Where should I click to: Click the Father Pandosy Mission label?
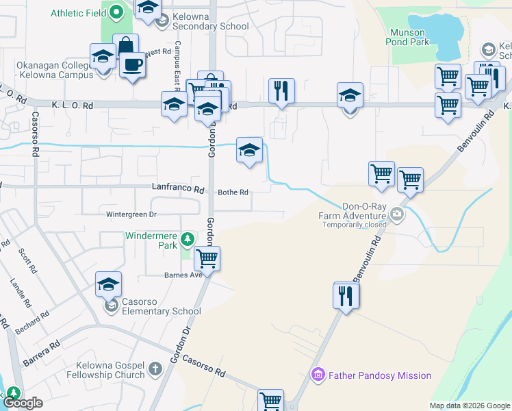380,375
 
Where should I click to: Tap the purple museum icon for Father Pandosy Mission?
318,375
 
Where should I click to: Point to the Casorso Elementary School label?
162,306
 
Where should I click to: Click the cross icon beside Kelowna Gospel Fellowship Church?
155,369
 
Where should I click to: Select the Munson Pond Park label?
409,37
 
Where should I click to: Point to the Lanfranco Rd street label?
179,189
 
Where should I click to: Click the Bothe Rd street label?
233,192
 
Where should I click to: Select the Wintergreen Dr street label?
132,214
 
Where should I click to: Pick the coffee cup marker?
132,65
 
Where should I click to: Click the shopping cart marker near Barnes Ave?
207,258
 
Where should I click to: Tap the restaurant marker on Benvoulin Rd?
344,295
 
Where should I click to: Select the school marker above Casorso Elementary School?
108,284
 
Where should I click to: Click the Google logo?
23,403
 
